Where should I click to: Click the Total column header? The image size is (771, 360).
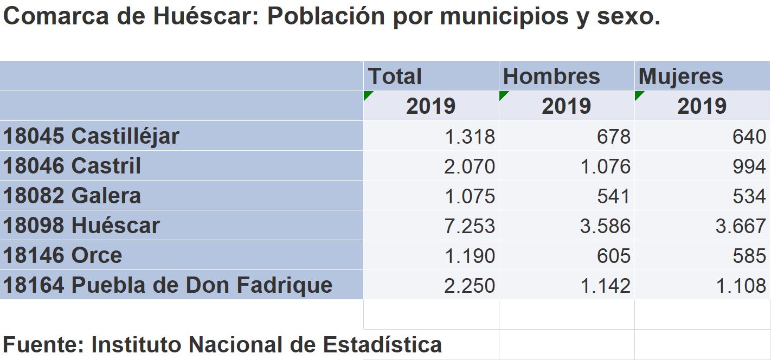pyautogui.click(x=395, y=76)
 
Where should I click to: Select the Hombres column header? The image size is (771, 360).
pyautogui.click(x=551, y=76)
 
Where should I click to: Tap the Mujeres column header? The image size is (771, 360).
pyautogui.click(x=681, y=76)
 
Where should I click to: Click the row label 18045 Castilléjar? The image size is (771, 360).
pyautogui.click(x=91, y=136)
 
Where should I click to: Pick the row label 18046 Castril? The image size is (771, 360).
pyautogui.click(x=72, y=165)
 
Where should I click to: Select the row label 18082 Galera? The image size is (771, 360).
pyautogui.click(x=72, y=195)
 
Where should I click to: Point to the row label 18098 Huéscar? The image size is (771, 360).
pyautogui.click(x=81, y=225)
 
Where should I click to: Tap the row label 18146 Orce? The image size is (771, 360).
pyautogui.click(x=62, y=255)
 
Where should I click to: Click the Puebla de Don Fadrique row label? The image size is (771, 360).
pyautogui.click(x=168, y=285)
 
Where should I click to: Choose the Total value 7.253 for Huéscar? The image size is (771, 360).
pyautogui.click(x=470, y=226)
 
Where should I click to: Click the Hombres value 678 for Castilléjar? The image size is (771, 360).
pyautogui.click(x=614, y=136)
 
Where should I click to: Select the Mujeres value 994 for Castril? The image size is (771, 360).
pyautogui.click(x=749, y=166)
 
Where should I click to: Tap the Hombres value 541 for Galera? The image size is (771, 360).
pyautogui.click(x=614, y=196)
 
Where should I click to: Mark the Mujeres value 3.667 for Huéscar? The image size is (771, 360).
pyautogui.click(x=741, y=226)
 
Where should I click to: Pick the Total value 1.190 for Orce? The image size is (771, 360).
pyautogui.click(x=470, y=255)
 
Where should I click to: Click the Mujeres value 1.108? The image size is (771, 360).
pyautogui.click(x=741, y=285)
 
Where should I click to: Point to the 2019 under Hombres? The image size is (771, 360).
pyautogui.click(x=566, y=106)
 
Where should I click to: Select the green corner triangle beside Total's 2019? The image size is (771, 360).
pyautogui.click(x=368, y=95)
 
